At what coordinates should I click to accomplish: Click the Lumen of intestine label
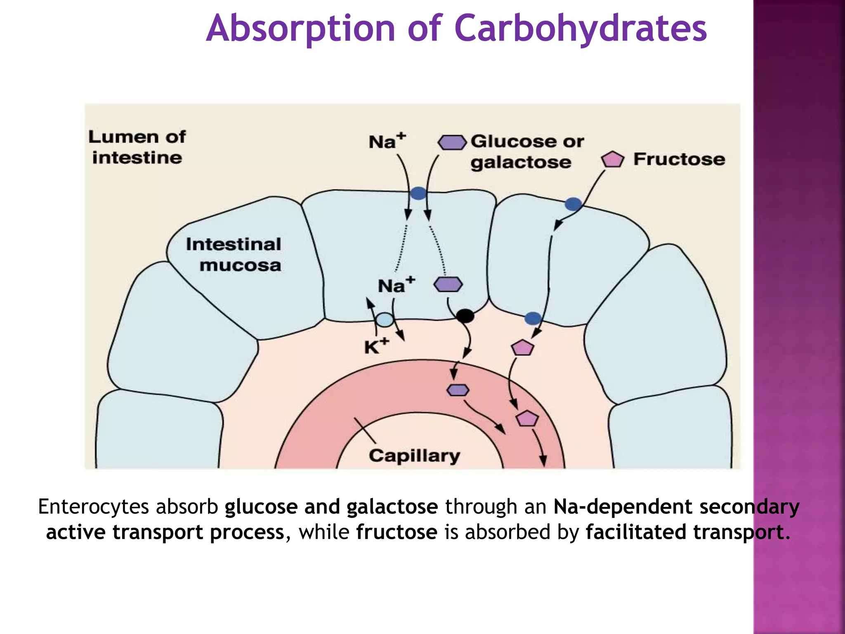coord(137,147)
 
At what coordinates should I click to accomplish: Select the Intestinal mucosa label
coord(234,255)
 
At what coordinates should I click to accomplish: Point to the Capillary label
coord(414,456)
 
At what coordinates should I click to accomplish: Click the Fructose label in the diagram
coord(679,159)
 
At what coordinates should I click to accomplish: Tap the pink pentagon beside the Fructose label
coord(612,159)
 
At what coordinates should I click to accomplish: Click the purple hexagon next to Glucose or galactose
coord(452,142)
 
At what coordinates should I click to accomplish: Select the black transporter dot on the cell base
coord(465,316)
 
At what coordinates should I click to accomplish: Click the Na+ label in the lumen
coord(387,141)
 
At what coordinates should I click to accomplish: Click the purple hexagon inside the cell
coord(448,284)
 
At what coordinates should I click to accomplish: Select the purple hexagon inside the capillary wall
coord(458,390)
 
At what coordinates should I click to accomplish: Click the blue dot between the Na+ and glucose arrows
coord(418,193)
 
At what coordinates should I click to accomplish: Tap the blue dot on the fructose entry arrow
coord(573,203)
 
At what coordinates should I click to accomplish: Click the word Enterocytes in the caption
coord(93,507)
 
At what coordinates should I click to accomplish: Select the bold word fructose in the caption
coord(397,532)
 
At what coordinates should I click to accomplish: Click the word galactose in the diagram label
coord(521,163)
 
